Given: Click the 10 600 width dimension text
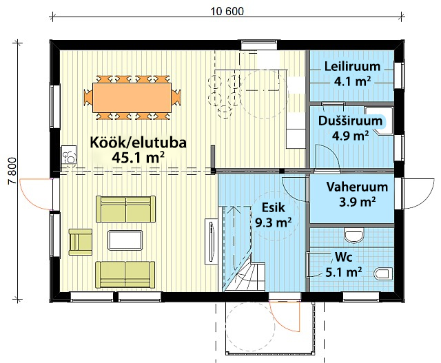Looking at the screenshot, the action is tap(227, 11).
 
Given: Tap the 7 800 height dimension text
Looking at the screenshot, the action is tap(12, 171).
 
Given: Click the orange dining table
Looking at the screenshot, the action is tap(132, 97).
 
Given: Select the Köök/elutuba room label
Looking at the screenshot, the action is tap(138, 143).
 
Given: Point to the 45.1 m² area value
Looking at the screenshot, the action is tap(138, 157).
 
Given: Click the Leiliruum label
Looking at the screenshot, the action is tap(352, 66).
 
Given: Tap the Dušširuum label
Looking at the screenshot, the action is tap(351, 121).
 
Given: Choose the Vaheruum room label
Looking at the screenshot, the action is tap(357, 187).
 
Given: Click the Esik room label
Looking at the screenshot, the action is tap(273, 207).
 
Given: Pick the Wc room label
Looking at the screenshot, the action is tap(343, 257).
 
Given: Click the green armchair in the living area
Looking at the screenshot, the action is tap(81, 242).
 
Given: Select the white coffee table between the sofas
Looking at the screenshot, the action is tap(125, 240).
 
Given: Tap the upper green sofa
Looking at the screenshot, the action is tap(125, 209).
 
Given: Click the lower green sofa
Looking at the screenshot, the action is tap(125, 275).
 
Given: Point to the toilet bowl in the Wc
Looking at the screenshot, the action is tap(384, 274).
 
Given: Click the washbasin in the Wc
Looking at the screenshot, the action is tap(353, 236).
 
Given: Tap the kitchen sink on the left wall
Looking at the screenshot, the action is tap(69, 154).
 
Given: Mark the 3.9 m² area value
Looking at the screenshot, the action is tap(357, 202).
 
